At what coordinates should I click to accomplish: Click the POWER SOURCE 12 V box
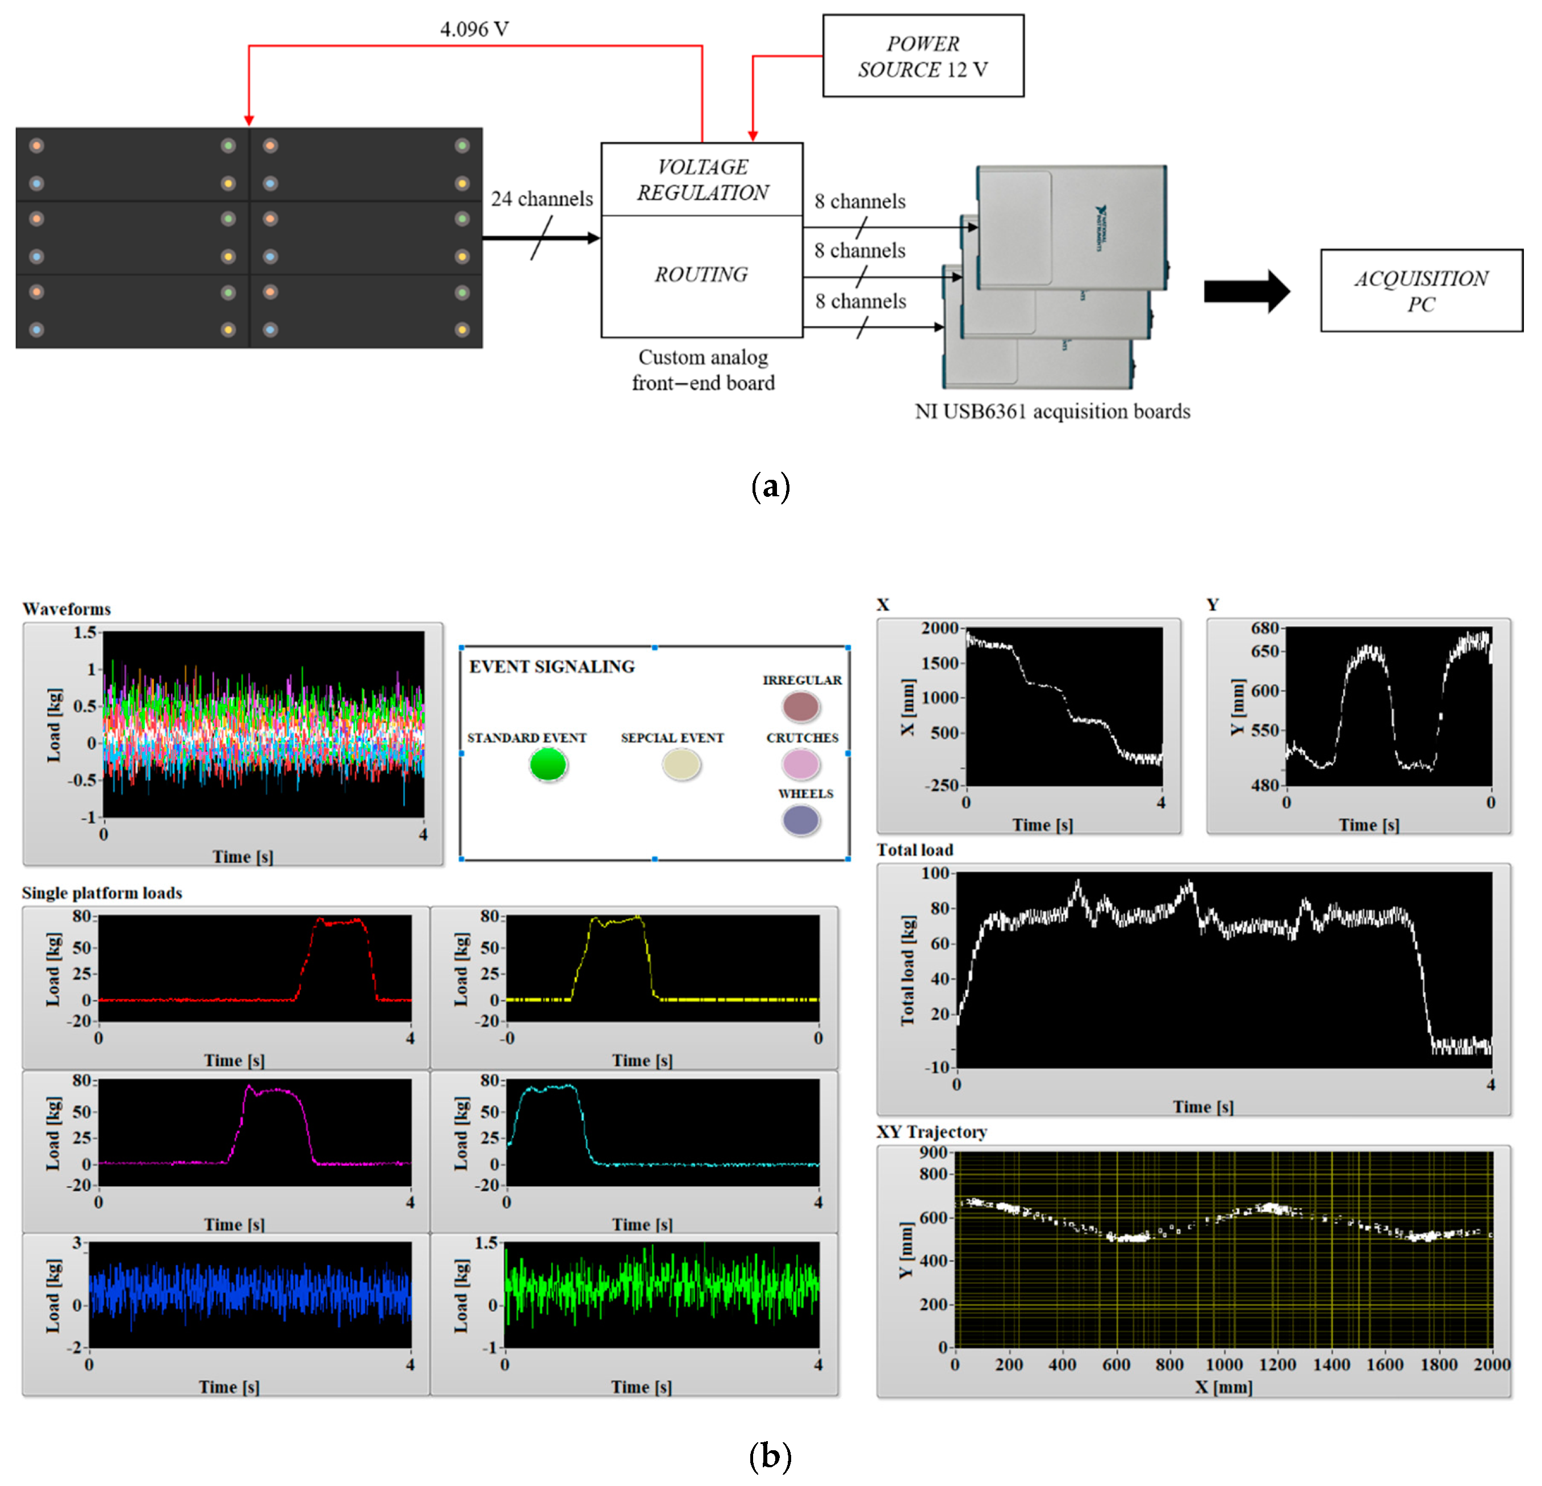coord(923,56)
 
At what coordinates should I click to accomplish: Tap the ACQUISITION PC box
coord(1421,290)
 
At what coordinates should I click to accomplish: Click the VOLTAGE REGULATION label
coord(703,179)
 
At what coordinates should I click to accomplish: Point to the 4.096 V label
coord(474,29)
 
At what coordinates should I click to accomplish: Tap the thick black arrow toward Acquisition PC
coord(1246,291)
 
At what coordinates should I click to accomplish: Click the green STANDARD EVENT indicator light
coord(548,764)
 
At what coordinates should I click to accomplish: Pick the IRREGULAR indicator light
coord(801,706)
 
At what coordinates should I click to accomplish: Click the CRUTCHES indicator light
coord(801,764)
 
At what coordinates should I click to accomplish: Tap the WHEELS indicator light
coord(801,821)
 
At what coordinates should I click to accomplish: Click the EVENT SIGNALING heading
coord(551,666)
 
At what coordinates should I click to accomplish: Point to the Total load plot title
coord(915,849)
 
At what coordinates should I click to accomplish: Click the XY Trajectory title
coord(931,1131)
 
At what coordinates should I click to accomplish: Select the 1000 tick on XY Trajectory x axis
coord(1224,1364)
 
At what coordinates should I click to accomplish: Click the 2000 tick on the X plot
coord(940,628)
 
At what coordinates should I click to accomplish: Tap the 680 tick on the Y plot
coord(1265,628)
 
